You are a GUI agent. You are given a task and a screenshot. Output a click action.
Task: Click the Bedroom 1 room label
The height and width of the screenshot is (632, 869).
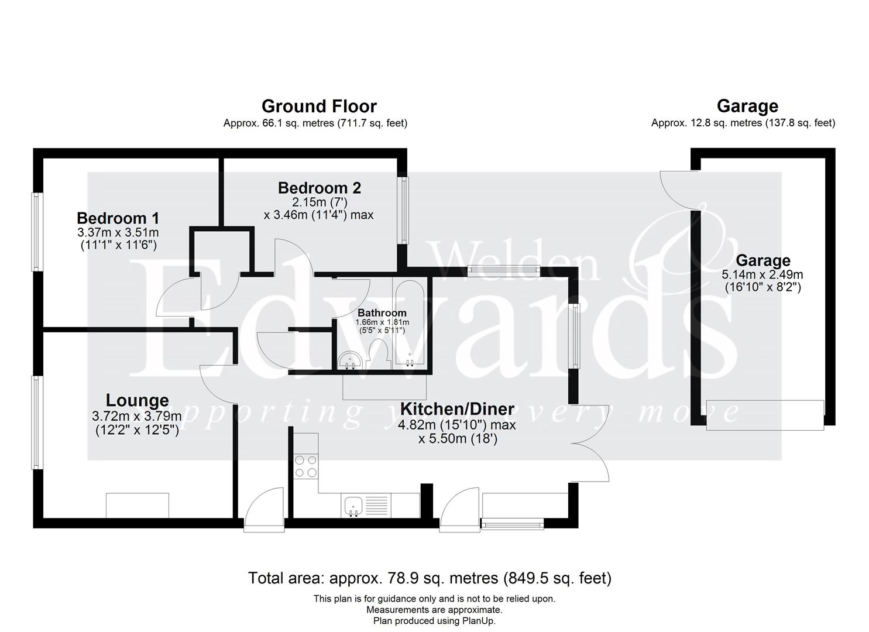coord(118,218)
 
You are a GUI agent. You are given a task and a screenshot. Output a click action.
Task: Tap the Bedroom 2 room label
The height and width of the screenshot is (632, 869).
coord(319,188)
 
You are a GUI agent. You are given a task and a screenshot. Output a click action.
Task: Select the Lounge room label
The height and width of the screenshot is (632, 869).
coord(137,401)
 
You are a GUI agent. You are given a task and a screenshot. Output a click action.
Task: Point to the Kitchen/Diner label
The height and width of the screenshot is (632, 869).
coord(456,409)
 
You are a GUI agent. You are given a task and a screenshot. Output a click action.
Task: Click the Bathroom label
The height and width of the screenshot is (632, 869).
coord(382,313)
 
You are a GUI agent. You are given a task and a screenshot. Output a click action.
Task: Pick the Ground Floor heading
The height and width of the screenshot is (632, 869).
coord(318,107)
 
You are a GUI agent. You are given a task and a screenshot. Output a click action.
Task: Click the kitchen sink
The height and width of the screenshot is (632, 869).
coord(353,506)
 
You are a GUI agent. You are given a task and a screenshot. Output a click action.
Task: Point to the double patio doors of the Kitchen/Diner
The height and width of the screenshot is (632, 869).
coord(591,443)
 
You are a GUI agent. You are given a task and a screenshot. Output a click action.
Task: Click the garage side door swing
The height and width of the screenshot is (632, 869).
coord(676,189)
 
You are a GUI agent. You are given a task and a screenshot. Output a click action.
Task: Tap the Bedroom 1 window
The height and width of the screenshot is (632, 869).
coord(36,232)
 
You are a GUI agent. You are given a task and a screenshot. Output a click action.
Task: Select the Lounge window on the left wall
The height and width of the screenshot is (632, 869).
coord(36,422)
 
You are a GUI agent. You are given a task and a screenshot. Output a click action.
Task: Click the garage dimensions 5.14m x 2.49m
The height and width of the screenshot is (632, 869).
coord(762,274)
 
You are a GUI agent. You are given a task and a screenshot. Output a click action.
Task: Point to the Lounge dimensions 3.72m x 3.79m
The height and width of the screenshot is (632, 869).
coord(136,417)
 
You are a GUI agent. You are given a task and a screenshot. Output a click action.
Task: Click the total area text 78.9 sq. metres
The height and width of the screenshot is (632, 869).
coord(430,578)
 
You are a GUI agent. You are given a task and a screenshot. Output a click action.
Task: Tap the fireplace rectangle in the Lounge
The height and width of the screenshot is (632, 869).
coord(138,506)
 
